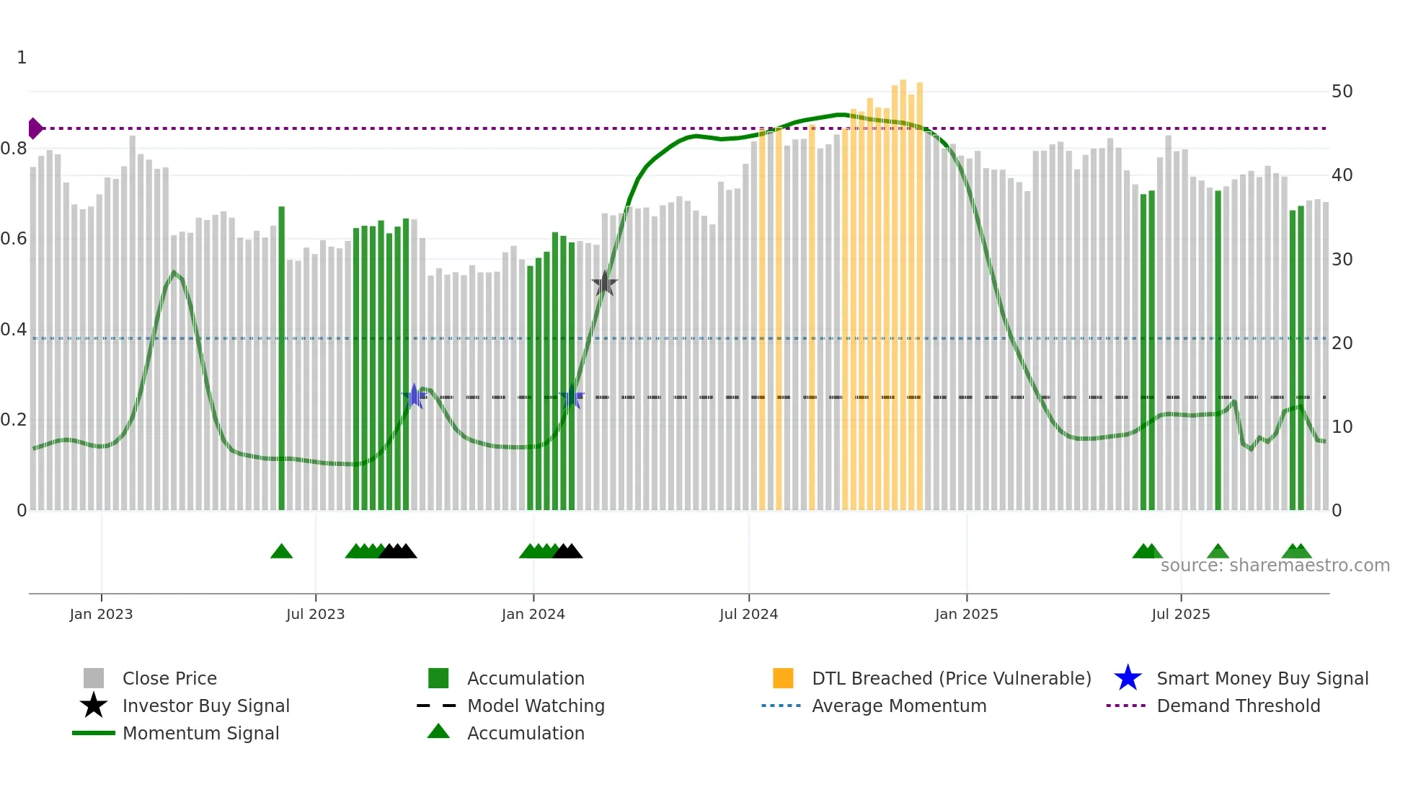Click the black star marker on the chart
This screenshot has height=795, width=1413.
click(x=604, y=284)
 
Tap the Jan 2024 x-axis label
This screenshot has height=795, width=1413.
click(x=533, y=615)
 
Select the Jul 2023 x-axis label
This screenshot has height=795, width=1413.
click(x=315, y=615)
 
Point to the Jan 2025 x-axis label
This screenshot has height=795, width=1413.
click(x=966, y=615)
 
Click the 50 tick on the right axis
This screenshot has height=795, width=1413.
click(x=1342, y=92)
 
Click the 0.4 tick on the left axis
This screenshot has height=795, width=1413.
click(x=14, y=330)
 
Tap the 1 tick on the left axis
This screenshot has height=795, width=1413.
click(x=22, y=58)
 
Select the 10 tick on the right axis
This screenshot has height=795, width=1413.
click(x=1342, y=427)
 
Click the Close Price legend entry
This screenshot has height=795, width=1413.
click(x=169, y=679)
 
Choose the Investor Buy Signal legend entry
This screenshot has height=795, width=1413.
click(x=205, y=706)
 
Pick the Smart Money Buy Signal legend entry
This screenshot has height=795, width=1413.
click(x=1262, y=679)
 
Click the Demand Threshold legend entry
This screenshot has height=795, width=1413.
click(x=1238, y=706)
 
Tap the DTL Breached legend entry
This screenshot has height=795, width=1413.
click(x=951, y=679)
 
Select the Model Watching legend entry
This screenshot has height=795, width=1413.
click(x=536, y=706)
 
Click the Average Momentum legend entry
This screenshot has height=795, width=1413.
click(x=898, y=706)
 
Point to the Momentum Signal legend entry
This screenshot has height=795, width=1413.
click(x=200, y=734)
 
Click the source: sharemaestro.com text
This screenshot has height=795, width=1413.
click(x=1275, y=566)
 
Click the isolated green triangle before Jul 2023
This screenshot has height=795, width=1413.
click(x=281, y=552)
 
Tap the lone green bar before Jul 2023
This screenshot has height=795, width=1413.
click(x=281, y=361)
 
